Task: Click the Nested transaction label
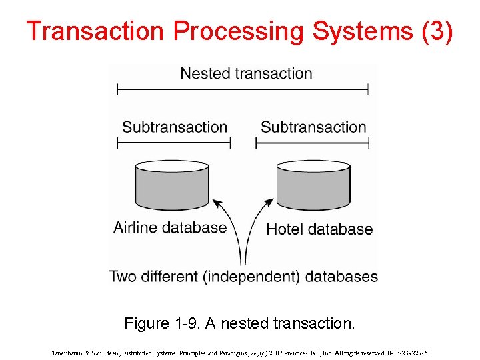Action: click(246, 73)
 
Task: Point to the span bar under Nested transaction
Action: click(243, 89)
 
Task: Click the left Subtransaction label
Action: click(175, 127)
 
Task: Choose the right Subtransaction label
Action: click(313, 127)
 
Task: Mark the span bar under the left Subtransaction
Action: click(174, 143)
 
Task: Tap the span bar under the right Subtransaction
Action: click(313, 143)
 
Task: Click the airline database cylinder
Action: click(163, 185)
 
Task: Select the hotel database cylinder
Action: click(313, 185)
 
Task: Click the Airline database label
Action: click(170, 227)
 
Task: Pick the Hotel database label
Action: click(319, 229)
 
